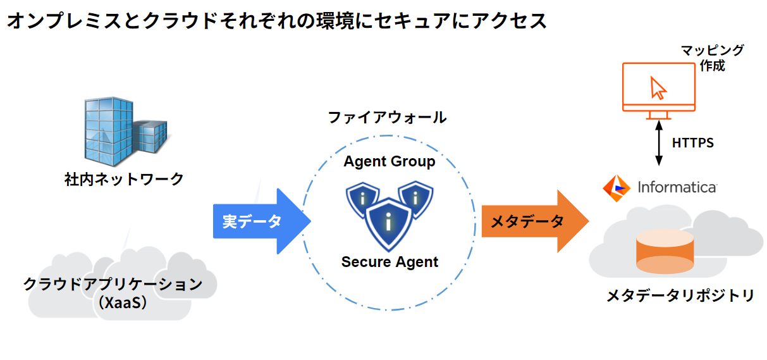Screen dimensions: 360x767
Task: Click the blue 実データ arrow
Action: click(x=259, y=221)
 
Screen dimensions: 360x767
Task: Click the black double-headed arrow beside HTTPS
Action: click(x=659, y=142)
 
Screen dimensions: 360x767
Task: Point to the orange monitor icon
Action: click(x=658, y=89)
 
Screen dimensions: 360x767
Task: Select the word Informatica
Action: click(x=677, y=187)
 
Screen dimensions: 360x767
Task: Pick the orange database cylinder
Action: click(x=665, y=253)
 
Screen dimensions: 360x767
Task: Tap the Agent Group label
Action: click(x=390, y=161)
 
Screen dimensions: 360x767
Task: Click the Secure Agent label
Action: click(x=390, y=261)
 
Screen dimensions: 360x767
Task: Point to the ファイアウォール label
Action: click(x=387, y=117)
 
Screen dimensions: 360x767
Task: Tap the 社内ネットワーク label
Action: click(x=124, y=179)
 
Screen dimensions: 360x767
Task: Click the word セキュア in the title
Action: click(x=391, y=21)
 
